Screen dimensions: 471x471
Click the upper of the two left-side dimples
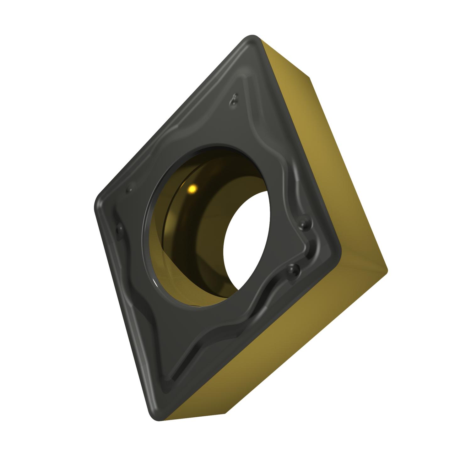point(128,191)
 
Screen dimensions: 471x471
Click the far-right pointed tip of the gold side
point(387,270)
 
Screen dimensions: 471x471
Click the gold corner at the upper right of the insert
point(309,77)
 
